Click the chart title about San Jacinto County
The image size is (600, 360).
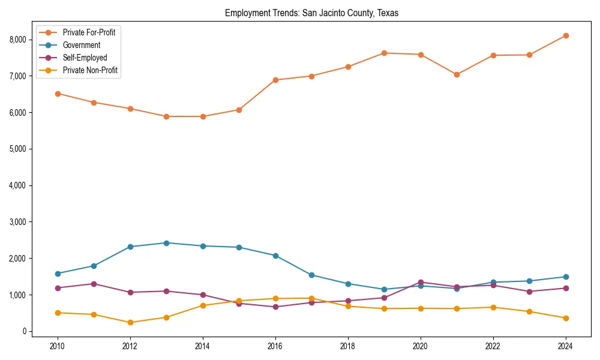tap(312, 13)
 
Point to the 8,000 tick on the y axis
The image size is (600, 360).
tap(19, 40)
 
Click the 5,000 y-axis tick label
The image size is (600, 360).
tap(19, 149)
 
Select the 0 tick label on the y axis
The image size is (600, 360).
tap(24, 331)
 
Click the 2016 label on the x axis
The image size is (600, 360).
tap(275, 346)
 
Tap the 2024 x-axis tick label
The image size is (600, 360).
tap(565, 346)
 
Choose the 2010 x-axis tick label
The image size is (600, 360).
tap(58, 346)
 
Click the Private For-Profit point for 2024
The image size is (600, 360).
tap(565, 35)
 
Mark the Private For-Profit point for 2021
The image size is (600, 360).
tap(457, 74)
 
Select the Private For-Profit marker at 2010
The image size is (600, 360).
tap(58, 94)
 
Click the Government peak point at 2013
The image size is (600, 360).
tap(166, 243)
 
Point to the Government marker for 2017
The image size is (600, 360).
tap(311, 275)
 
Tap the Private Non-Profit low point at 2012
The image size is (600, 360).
tap(130, 322)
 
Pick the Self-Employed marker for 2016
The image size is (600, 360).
tap(275, 307)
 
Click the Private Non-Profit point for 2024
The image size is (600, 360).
tap(565, 318)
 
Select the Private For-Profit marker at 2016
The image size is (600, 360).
tap(275, 80)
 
